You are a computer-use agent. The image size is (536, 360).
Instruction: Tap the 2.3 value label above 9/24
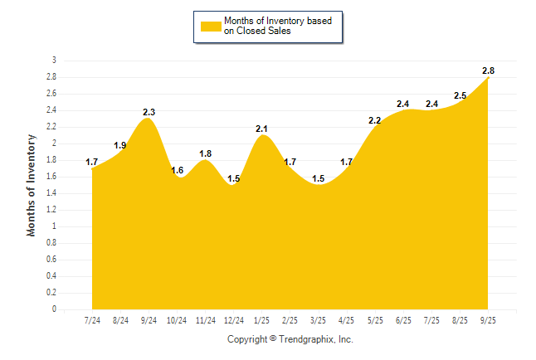[149, 111]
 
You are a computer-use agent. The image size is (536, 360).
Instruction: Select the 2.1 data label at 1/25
[262, 128]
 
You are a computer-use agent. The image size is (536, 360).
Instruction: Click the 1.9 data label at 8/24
[120, 145]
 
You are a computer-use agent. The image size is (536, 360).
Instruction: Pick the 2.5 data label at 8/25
[460, 95]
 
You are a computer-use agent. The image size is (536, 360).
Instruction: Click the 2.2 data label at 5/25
[375, 120]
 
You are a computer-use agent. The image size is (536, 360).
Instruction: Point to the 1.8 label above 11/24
[206, 153]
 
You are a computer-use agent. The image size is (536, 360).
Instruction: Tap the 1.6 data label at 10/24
[178, 170]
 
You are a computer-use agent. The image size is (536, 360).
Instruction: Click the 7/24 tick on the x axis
[92, 319]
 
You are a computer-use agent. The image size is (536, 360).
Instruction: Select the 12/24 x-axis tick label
[234, 319]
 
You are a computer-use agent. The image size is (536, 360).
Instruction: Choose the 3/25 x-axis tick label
[319, 319]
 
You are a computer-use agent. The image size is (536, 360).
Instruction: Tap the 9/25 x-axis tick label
[489, 319]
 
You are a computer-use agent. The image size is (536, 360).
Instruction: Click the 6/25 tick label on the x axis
[404, 319]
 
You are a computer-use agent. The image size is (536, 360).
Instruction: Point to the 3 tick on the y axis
[54, 61]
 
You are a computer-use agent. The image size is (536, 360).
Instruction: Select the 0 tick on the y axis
[54, 309]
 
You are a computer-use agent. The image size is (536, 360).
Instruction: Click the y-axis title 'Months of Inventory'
[32, 185]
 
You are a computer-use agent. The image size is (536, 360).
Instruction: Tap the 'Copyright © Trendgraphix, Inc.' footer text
[290, 339]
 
